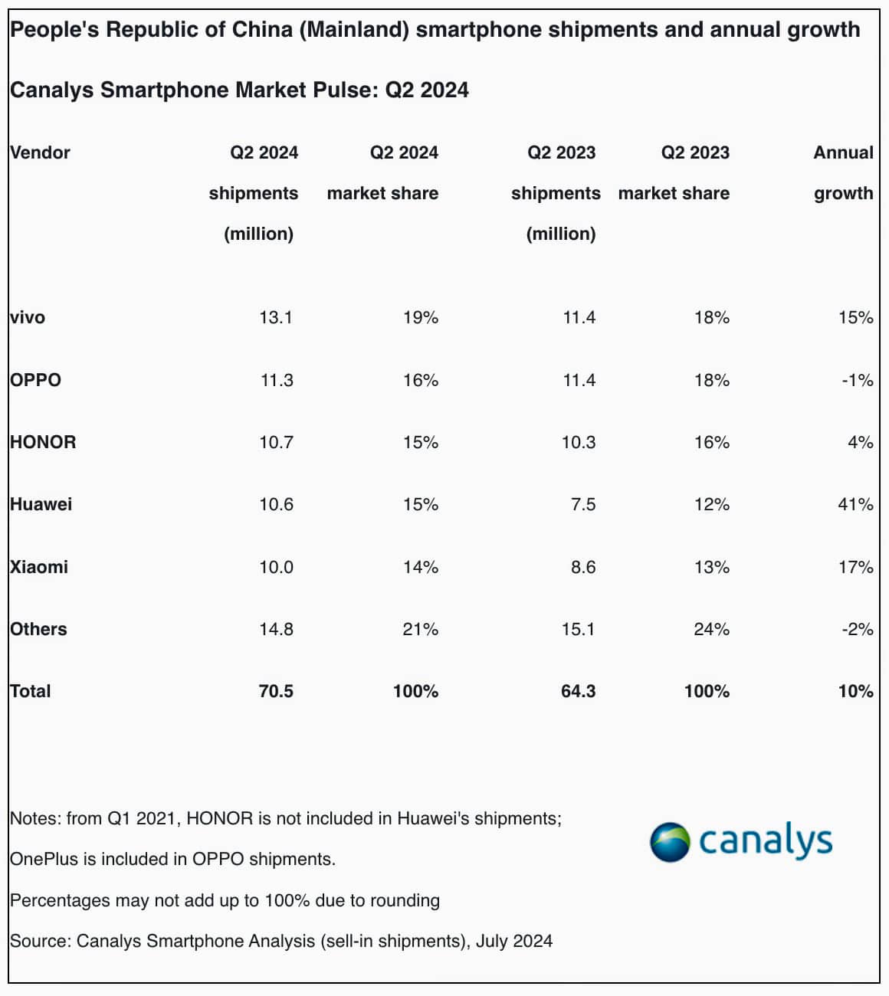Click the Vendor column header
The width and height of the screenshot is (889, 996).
[x=40, y=152]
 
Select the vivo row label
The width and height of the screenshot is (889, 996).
[x=28, y=317]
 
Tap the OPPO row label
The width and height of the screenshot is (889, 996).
[x=35, y=380]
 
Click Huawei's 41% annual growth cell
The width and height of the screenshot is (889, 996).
[x=855, y=504]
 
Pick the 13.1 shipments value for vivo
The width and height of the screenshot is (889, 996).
[x=276, y=317]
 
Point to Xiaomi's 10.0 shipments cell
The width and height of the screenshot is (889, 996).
[x=276, y=567]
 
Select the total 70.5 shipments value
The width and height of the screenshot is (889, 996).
[x=276, y=691]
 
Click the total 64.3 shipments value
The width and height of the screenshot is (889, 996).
[x=578, y=691]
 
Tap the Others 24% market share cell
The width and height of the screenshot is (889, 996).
[x=711, y=629]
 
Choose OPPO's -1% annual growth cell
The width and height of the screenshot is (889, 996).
[x=857, y=380]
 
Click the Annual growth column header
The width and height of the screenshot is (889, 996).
[x=843, y=172]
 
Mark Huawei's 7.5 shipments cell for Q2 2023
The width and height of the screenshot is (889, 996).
[x=583, y=504]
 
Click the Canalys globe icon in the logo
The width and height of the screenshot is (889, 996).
[x=670, y=843]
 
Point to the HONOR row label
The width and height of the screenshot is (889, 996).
[x=43, y=442]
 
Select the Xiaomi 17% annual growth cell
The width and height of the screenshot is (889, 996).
[x=855, y=567]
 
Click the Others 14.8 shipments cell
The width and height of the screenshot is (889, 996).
[x=276, y=629]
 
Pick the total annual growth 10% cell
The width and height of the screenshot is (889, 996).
[x=855, y=691]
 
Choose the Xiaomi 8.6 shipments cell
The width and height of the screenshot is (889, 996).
[x=583, y=567]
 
